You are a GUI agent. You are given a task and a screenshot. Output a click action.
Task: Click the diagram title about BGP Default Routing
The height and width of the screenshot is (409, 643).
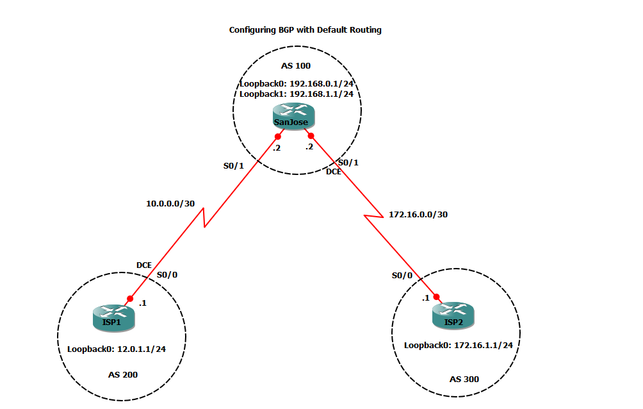tap(305, 30)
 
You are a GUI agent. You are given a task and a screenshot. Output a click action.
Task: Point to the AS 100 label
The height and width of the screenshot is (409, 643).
tap(295, 66)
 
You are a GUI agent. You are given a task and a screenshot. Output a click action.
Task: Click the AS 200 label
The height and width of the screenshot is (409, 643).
tap(122, 374)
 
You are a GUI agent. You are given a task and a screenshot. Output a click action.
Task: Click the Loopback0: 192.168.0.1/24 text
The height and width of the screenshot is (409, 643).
tap(297, 83)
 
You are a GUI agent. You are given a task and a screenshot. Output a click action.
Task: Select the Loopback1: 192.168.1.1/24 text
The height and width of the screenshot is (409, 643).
tap(297, 94)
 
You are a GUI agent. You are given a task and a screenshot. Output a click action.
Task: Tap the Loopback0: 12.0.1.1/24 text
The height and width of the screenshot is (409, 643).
tap(117, 349)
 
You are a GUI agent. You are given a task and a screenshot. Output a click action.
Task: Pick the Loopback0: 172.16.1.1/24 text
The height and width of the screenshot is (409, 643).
tap(459, 345)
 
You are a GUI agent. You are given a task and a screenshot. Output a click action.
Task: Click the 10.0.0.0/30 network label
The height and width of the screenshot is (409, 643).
tap(170, 203)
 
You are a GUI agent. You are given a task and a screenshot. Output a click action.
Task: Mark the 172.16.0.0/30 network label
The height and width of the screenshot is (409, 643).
tap(418, 214)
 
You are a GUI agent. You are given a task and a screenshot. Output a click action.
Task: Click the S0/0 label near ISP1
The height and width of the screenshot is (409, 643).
tap(167, 274)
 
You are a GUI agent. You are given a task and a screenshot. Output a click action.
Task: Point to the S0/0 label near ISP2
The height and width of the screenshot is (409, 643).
tap(402, 275)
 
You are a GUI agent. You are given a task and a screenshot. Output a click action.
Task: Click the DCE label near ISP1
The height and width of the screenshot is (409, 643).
tap(143, 265)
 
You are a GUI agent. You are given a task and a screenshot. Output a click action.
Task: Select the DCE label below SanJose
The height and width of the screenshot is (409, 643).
tap(333, 172)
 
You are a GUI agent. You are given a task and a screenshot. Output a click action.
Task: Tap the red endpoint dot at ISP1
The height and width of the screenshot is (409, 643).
tap(130, 299)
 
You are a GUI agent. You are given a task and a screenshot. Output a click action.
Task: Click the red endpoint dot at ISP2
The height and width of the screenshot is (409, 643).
tap(437, 297)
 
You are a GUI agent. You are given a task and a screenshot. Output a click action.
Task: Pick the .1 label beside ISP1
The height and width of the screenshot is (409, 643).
tap(143, 303)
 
